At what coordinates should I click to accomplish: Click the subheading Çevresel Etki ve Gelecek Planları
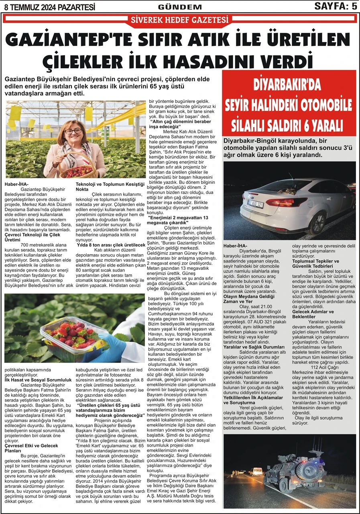pos(31,448)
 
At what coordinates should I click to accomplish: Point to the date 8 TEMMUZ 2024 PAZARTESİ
pos(49,6)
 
